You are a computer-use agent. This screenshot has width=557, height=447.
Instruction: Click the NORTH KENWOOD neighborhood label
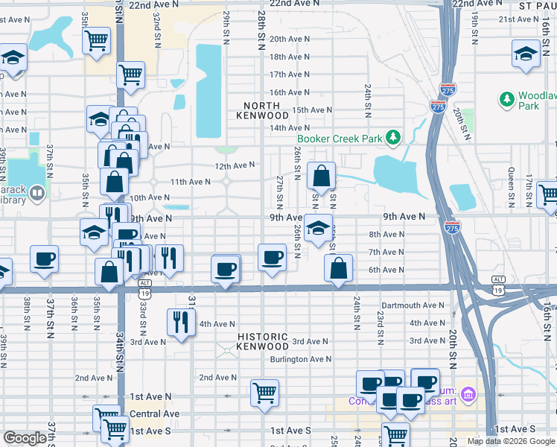point(263,110)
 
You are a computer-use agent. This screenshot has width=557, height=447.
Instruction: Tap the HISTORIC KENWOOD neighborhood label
point(263,341)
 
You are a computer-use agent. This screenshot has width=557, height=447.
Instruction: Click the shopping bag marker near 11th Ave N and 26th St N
point(322,177)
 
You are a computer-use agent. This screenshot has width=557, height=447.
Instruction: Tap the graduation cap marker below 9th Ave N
point(318,228)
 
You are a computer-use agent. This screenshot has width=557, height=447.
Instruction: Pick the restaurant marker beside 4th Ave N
point(181,322)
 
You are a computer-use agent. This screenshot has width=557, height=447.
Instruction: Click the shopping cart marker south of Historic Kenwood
point(265,392)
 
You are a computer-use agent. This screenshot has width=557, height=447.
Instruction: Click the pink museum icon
point(467,393)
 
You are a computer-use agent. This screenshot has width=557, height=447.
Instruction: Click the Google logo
point(25,438)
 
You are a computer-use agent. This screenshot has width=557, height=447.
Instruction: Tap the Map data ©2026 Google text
point(511,441)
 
